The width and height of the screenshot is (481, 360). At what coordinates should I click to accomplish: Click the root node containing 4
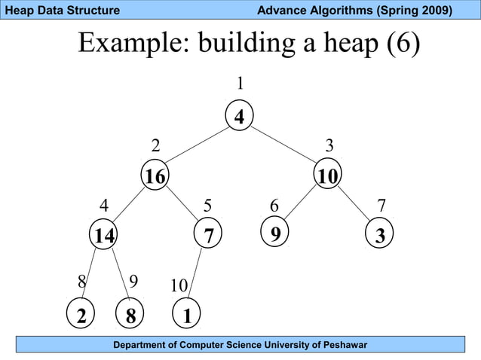(x=239, y=117)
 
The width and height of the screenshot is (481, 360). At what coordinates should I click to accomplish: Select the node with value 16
(x=155, y=176)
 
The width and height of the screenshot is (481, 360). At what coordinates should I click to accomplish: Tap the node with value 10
(x=327, y=176)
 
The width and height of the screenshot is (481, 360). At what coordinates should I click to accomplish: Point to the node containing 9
(x=275, y=233)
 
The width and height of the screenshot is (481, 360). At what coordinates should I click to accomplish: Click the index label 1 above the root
(x=240, y=83)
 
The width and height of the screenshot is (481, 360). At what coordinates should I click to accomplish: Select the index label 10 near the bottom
(x=179, y=286)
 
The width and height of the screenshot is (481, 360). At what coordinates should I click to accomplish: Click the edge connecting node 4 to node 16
(x=198, y=145)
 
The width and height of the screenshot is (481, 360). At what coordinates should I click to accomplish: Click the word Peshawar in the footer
(x=342, y=345)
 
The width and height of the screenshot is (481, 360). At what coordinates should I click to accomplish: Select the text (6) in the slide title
(x=403, y=44)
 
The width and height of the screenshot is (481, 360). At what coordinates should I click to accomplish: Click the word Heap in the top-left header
(x=17, y=10)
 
